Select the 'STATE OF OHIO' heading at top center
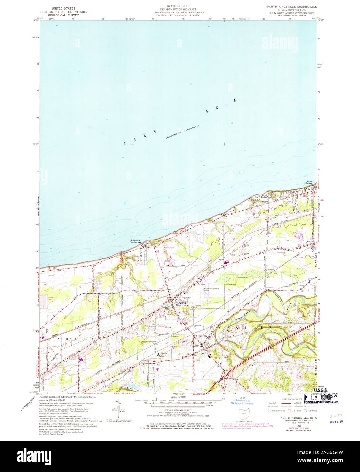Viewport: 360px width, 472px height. pyautogui.click(x=178, y=6)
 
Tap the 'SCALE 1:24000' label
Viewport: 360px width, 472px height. pyautogui.click(x=179, y=397)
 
